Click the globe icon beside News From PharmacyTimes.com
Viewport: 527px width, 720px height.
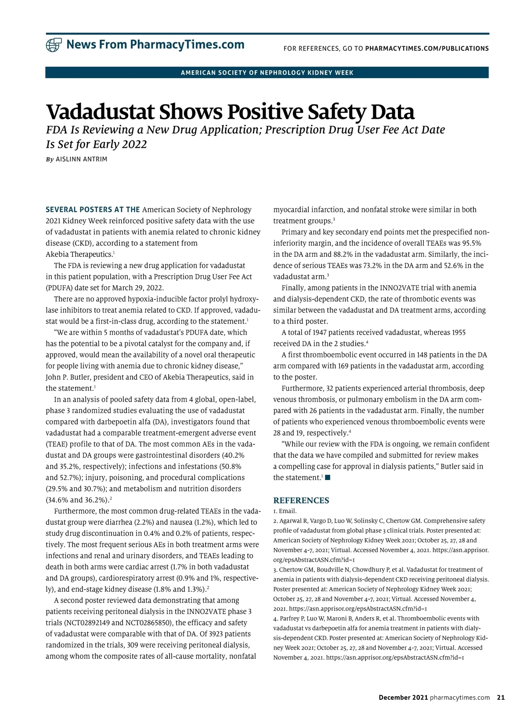[54, 45]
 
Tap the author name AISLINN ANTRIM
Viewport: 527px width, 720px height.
[81, 159]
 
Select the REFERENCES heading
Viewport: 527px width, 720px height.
[301, 500]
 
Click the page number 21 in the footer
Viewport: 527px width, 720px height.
[501, 698]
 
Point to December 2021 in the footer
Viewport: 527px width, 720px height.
[403, 698]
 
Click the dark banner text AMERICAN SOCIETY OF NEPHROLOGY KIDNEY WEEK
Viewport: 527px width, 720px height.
[267, 73]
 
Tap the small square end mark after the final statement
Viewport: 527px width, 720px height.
[328, 478]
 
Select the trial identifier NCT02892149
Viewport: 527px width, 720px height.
[87, 623]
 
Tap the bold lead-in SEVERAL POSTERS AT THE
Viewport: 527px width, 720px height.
[93, 210]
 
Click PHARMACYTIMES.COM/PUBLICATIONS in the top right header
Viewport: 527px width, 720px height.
[427, 48]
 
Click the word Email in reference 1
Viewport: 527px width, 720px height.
[287, 511]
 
